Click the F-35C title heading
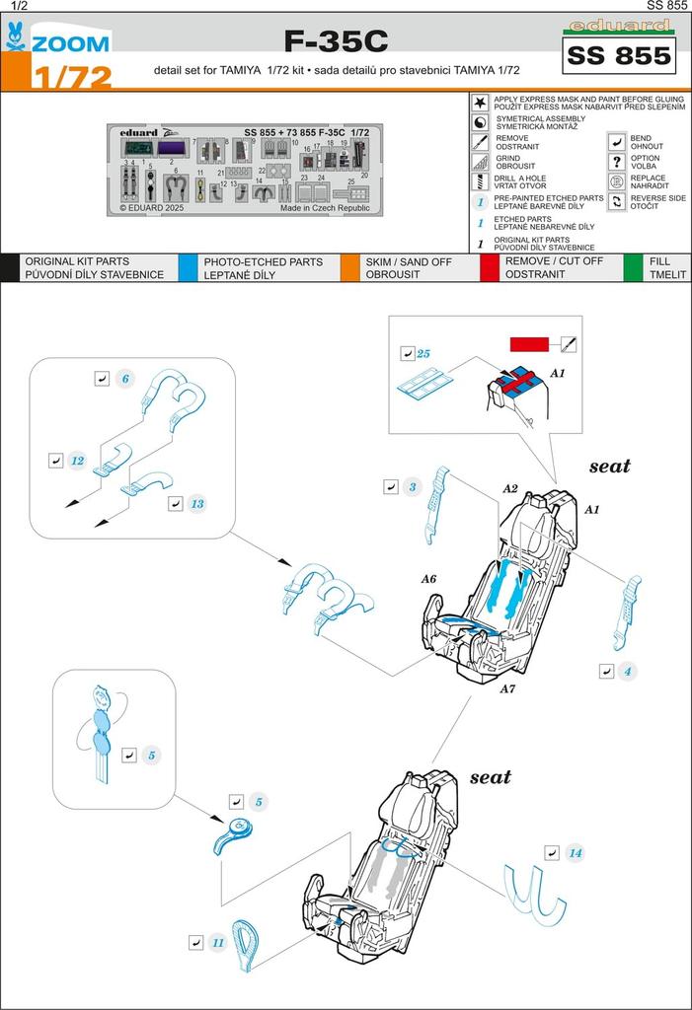pyautogui.click(x=336, y=41)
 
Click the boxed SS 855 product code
pyautogui.click(x=619, y=57)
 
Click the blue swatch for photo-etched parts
pyautogui.click(x=188, y=267)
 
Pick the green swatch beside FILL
pyautogui.click(x=633, y=267)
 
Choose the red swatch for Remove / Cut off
pyautogui.click(x=490, y=267)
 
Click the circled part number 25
pyautogui.click(x=423, y=353)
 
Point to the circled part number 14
pyautogui.click(x=576, y=852)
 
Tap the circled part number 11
pyautogui.click(x=218, y=942)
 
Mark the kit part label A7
pyautogui.click(x=506, y=688)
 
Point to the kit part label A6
pyautogui.click(x=428, y=579)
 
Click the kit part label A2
pyautogui.click(x=509, y=488)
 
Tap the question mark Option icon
pyautogui.click(x=616, y=161)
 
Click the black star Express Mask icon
pyautogui.click(x=479, y=102)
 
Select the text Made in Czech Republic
pyautogui.click(x=325, y=208)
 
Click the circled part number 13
pyautogui.click(x=197, y=504)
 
